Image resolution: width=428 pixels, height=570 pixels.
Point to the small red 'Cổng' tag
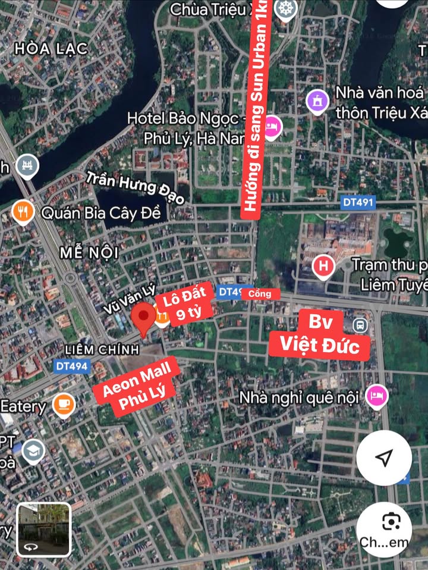260,293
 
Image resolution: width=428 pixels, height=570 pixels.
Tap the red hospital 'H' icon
323,266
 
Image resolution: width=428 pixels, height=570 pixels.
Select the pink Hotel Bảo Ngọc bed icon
272,126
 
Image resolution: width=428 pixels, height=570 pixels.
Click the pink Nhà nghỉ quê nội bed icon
376,395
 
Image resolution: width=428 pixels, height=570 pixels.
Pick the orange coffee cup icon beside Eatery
63,406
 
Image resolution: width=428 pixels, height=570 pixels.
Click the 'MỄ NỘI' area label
89,252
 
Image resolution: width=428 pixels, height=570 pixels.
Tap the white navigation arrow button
385,457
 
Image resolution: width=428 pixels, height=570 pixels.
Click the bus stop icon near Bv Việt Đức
359,325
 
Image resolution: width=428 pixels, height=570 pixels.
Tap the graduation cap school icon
33,452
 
